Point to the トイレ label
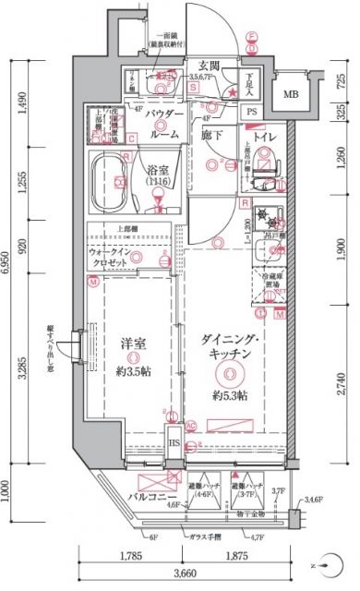point(254,141)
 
